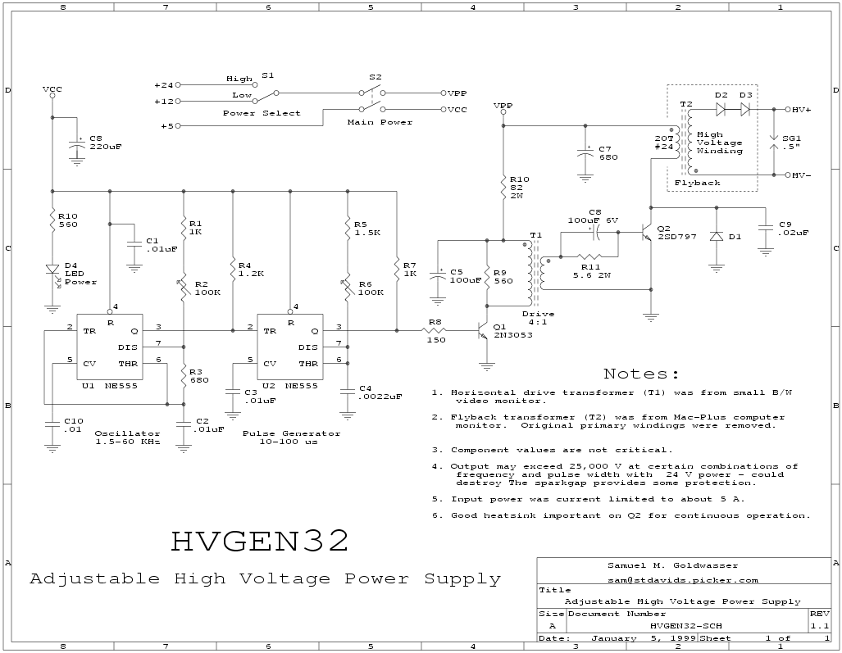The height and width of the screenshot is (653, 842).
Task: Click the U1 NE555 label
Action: [x=110, y=386]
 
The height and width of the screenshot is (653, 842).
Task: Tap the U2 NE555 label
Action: [x=290, y=386]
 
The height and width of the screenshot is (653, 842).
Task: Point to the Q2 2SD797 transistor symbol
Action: [x=647, y=232]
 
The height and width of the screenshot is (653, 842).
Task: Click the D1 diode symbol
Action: [x=716, y=236]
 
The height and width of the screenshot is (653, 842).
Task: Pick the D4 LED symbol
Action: [x=52, y=270]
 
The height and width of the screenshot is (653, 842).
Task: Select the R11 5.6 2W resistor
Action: [x=589, y=257]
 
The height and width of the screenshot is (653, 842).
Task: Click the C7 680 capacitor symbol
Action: [x=585, y=153]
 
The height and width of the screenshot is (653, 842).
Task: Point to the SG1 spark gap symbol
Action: [x=774, y=142]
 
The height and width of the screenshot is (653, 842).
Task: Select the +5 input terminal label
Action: [x=166, y=126]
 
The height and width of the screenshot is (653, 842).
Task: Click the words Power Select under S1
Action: [x=262, y=113]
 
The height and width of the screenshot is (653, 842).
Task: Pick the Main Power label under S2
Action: [x=380, y=122]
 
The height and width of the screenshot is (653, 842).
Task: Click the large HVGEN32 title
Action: [x=261, y=541]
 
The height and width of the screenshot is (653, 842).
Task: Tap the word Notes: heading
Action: [x=641, y=374]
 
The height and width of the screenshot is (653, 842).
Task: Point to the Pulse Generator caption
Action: [x=291, y=433]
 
